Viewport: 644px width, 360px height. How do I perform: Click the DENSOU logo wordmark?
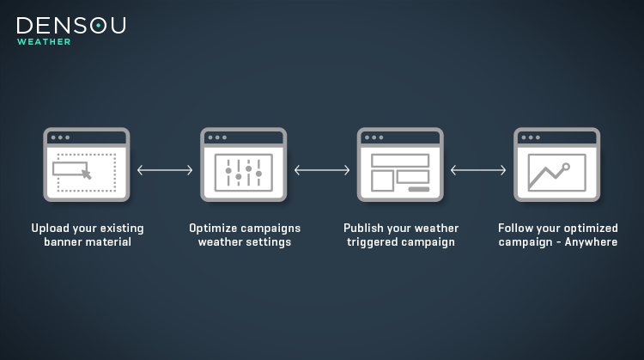pos(71,26)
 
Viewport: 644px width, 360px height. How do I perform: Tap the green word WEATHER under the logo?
pos(44,42)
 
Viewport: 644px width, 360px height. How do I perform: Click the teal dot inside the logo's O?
pos(99,26)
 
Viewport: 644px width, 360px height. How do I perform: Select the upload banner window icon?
pos(87,164)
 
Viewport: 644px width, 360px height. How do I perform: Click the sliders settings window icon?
pos(244,164)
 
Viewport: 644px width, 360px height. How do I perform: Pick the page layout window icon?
pos(400,164)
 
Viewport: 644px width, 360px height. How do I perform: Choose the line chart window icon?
pos(557,164)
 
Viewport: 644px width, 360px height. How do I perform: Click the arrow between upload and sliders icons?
pos(165,170)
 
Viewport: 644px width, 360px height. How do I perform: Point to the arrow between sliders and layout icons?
pos(322,170)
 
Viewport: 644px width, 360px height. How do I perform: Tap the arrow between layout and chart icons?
pos(478,170)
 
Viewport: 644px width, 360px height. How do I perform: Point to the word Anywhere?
pos(591,242)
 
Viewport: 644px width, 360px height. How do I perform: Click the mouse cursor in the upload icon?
pos(86,174)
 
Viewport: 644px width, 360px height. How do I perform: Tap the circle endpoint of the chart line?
pos(566,167)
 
